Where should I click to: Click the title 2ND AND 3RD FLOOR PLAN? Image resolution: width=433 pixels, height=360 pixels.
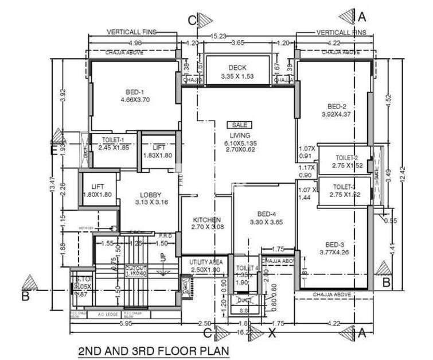point(153,350)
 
